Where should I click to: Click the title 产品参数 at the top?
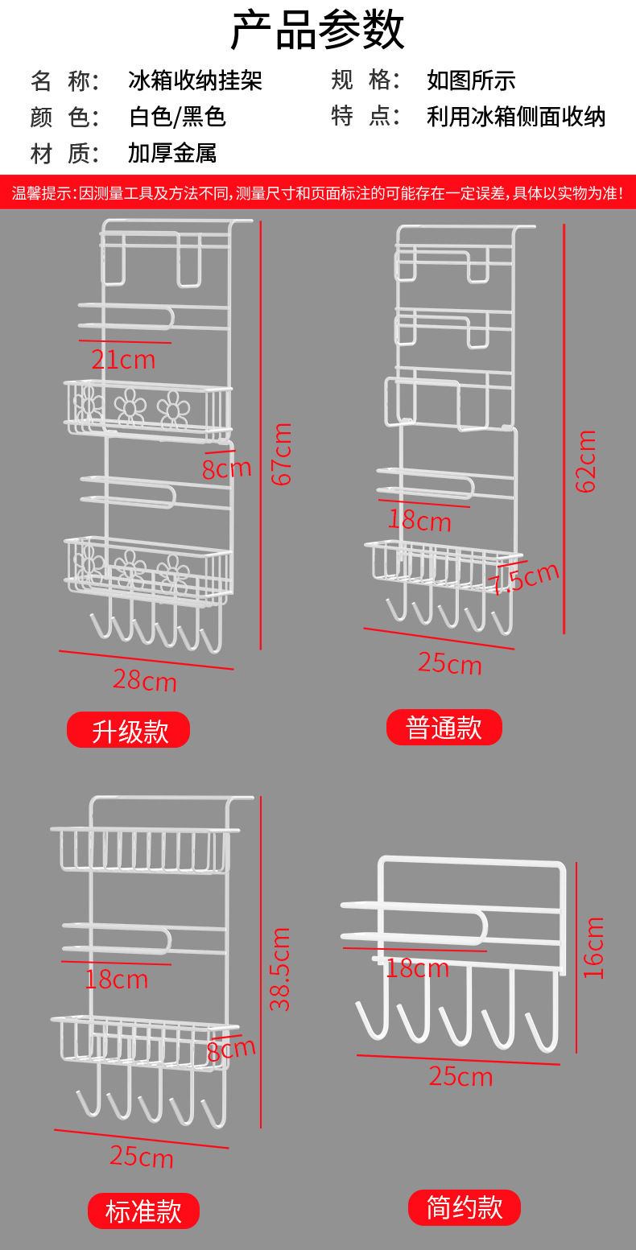(317, 31)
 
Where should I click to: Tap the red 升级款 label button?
(128, 730)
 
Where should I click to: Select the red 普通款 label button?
(444, 727)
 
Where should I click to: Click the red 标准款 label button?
(143, 1211)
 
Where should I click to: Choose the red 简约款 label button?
(464, 1207)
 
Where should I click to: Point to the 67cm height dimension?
(282, 454)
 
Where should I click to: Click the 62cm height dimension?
(585, 461)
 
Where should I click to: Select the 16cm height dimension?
(593, 947)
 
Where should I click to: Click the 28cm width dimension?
(144, 680)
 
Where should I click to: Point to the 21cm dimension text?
(122, 360)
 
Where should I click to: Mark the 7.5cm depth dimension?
(525, 578)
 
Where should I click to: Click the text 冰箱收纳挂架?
(195, 80)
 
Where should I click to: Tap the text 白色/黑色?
(177, 117)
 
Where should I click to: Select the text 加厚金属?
(171, 153)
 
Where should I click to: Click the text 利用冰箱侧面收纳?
(515, 117)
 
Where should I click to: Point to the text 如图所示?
(471, 80)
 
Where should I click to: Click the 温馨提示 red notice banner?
(317, 193)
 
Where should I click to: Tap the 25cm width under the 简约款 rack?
(460, 1076)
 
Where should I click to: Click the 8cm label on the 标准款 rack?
(231, 1050)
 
